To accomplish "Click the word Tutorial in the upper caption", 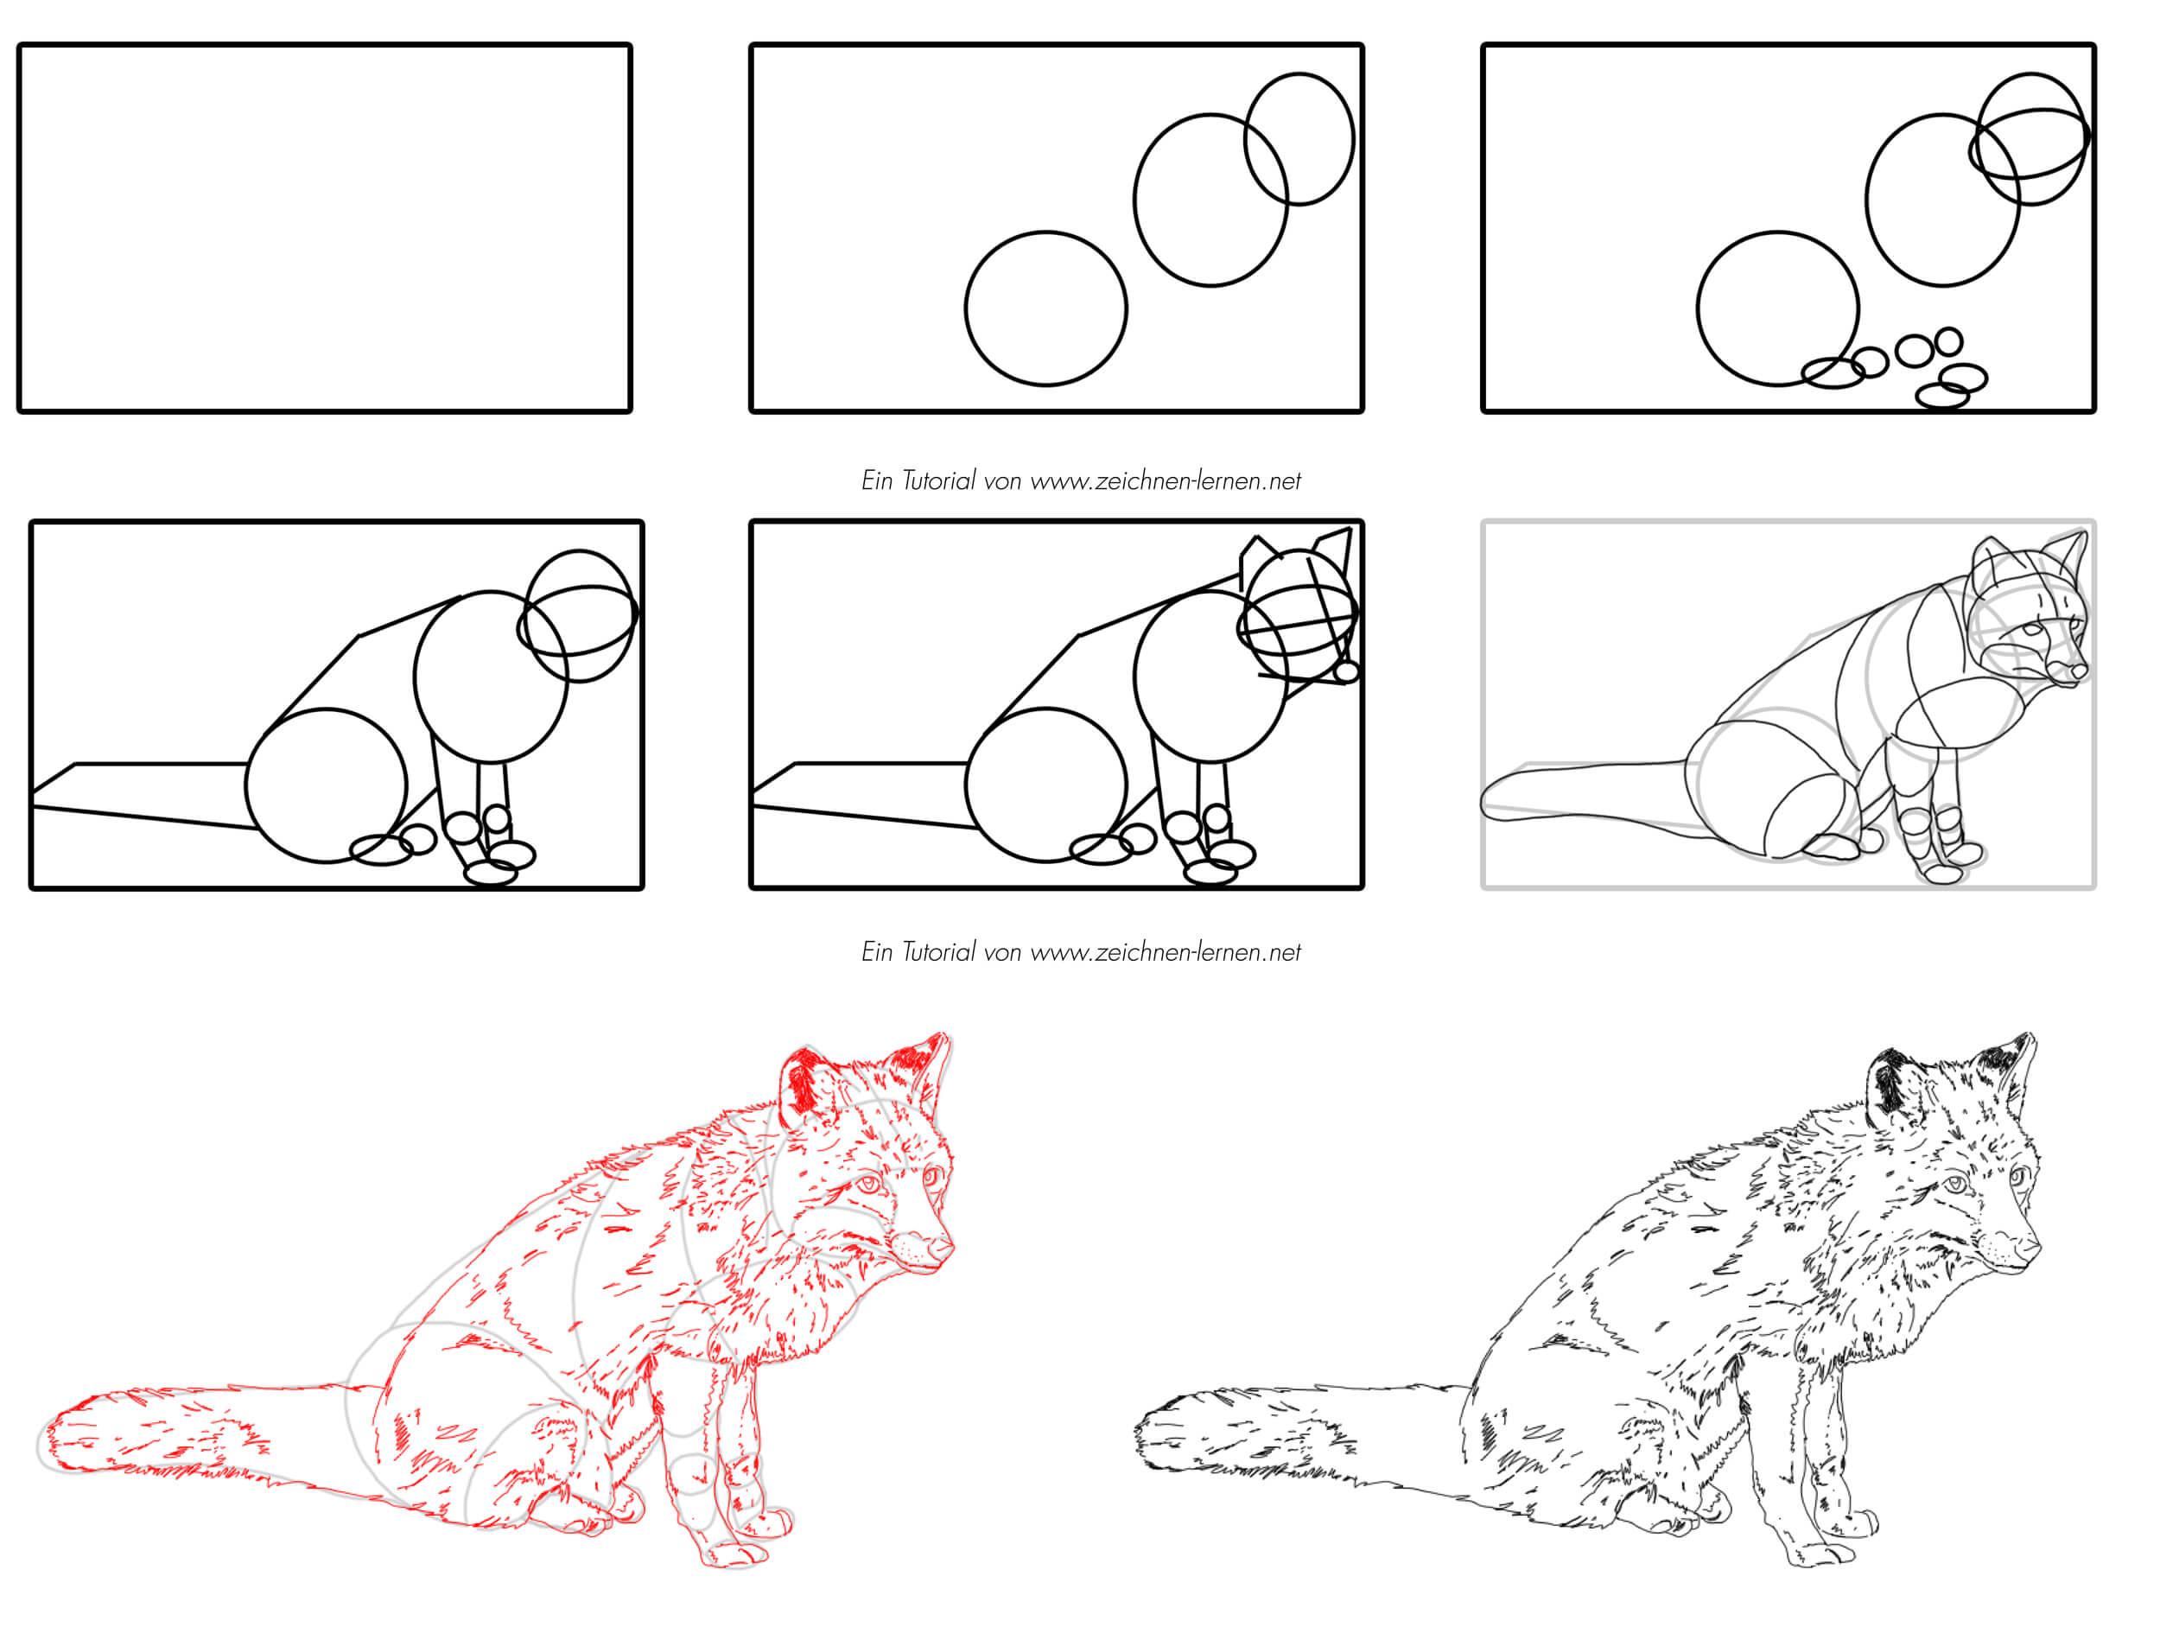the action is click(x=938, y=480).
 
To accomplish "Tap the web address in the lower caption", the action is click(x=1166, y=952).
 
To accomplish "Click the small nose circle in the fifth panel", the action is click(x=1346, y=671).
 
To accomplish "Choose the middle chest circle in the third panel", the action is click(x=1867, y=200).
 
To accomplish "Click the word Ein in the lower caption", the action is click(x=877, y=952).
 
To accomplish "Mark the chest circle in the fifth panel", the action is click(x=1136, y=676).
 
